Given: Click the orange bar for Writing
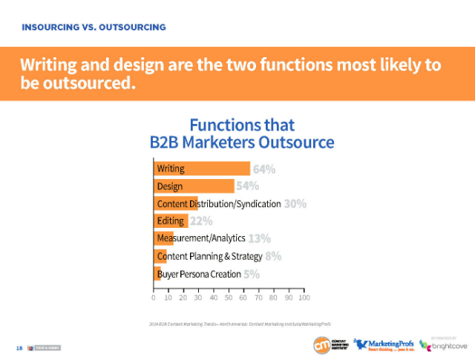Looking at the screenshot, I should point(201,168).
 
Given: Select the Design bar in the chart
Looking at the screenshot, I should point(194,186).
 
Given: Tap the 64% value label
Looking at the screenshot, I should point(264,168).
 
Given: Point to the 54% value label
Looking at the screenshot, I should point(248,186).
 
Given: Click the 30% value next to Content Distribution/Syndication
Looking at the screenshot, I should point(295,203).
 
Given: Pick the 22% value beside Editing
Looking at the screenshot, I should point(201,220).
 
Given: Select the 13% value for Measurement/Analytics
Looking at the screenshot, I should point(259,238).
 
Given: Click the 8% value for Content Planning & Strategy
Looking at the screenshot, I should point(273,256).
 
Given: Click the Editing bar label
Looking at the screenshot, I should point(171,220).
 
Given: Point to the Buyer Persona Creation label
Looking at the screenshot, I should point(198,274).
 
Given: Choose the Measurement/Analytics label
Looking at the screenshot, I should point(200,238).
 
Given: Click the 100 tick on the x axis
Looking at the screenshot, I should point(304,298).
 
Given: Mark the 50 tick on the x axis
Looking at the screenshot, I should point(229,298).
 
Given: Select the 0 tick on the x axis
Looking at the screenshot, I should point(154,298).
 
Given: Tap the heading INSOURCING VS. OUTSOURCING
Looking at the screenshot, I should point(94,27).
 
